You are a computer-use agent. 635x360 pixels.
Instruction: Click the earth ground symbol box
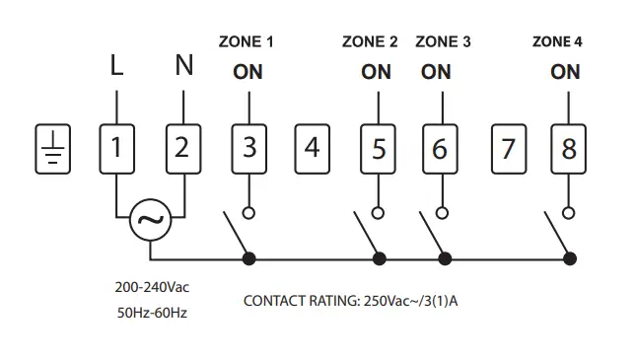tap(52, 149)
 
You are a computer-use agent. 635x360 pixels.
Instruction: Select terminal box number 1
tap(116, 149)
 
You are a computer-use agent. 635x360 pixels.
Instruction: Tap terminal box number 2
tap(181, 149)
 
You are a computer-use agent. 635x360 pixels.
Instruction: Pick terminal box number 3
tap(249, 149)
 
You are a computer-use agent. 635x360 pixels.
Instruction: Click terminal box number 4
tap(313, 149)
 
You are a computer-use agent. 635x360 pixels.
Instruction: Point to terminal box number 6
tap(440, 149)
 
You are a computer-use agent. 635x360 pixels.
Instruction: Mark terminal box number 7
tap(508, 149)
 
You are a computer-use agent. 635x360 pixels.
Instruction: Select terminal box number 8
tap(569, 149)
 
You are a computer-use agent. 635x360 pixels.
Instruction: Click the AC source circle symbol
tap(150, 221)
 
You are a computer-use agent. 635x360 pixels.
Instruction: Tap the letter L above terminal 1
tap(116, 67)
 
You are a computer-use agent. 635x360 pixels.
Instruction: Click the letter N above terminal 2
tap(183, 67)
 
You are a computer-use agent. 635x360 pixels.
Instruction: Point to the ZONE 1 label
tap(246, 41)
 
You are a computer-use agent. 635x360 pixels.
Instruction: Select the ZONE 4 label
tap(557, 41)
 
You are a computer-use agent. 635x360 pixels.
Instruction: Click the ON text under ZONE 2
tap(376, 72)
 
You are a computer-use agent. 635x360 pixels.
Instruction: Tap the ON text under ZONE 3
tap(436, 72)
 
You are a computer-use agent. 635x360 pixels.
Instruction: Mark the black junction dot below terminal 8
tap(570, 258)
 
